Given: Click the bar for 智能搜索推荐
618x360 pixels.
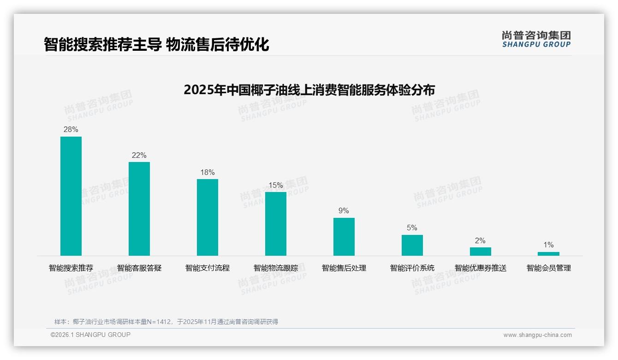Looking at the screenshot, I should (x=71, y=196).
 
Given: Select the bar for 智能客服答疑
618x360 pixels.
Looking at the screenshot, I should (x=139, y=209).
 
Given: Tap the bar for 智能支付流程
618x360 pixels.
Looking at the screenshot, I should (x=208, y=217).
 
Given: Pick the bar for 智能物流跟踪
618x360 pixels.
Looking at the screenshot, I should (x=276, y=224).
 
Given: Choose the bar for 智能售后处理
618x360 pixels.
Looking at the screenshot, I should (x=344, y=237).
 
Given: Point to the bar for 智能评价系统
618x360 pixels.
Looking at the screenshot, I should (x=412, y=245).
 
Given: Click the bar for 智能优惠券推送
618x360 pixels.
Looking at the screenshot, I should (x=481, y=252).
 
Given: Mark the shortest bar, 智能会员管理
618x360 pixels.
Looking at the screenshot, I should (x=548, y=254).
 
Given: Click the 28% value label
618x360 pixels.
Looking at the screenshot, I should (x=71, y=130).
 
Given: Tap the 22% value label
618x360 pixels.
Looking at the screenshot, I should (x=139, y=156).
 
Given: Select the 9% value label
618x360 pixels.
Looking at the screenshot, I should (x=344, y=211).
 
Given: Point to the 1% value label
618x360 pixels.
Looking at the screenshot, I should (x=548, y=245).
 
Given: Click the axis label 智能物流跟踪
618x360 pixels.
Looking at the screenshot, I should (x=276, y=268).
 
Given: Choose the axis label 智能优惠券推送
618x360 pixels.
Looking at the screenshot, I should (x=481, y=268).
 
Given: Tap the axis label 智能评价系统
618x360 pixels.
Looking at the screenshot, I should (x=412, y=268).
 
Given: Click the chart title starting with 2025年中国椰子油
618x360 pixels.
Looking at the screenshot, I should (x=309, y=90).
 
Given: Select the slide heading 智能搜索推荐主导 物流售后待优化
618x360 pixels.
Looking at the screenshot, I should (x=156, y=45).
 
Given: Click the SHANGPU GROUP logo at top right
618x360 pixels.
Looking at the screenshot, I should (x=536, y=39).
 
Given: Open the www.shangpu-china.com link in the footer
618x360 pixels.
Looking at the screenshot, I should (x=537, y=335).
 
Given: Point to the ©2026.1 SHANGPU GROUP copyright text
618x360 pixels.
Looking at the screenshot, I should (x=90, y=335).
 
